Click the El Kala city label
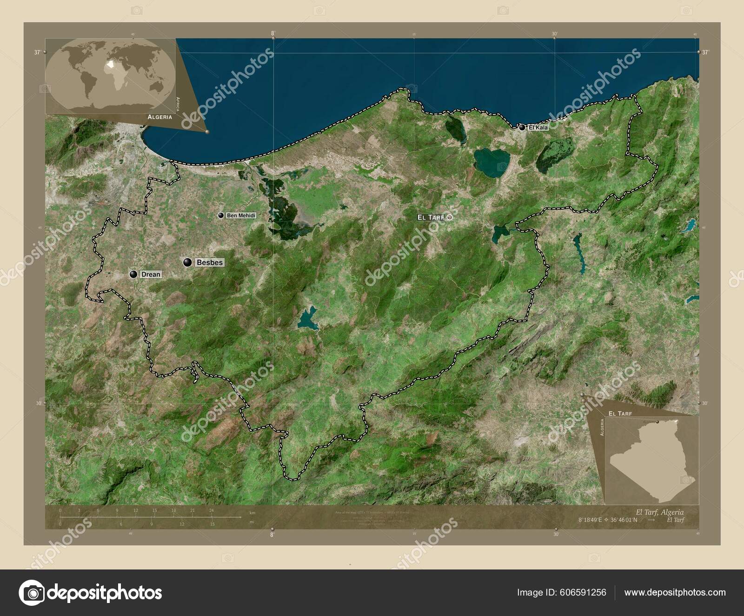click(538, 127)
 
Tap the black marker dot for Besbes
click(188, 262)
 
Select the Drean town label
click(151, 275)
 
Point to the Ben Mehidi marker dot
click(221, 215)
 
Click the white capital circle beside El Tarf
click(450, 217)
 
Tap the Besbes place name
click(210, 262)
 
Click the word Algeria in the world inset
click(159, 117)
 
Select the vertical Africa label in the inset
click(177, 104)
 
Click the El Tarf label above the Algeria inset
click(620, 413)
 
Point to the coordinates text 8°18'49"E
click(590, 520)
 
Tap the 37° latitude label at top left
click(37, 53)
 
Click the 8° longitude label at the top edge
click(273, 33)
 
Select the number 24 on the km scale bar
click(211, 510)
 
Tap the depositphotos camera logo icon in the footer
click(32, 593)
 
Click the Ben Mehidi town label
click(241, 215)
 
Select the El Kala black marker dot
click(522, 127)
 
